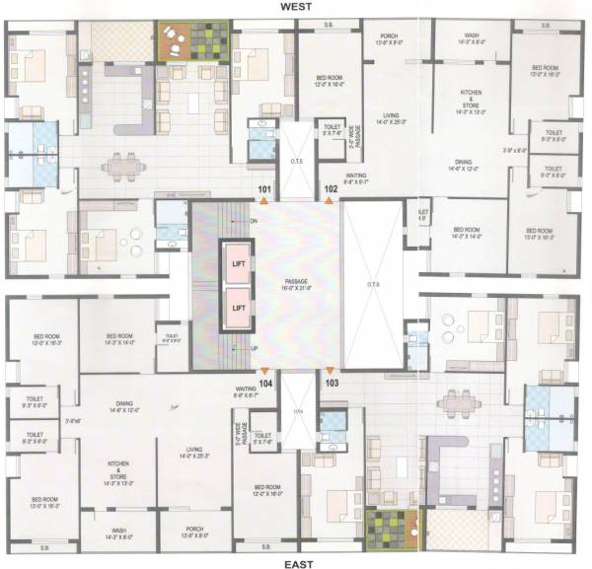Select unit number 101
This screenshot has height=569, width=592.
(264, 187)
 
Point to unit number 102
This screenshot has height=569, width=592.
(332, 187)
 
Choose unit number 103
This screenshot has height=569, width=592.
(332, 382)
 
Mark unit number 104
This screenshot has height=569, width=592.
(264, 382)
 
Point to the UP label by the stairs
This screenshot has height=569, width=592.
(254, 347)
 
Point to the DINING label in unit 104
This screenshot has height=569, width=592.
(123, 403)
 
